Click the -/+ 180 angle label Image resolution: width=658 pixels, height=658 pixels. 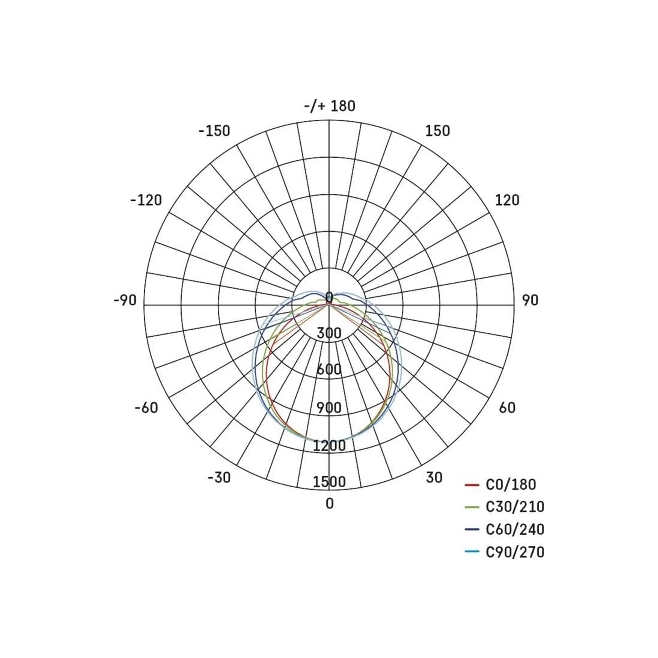[x=330, y=106]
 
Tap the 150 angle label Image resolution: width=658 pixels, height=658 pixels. [x=438, y=131]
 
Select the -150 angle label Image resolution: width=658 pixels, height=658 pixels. [x=215, y=131]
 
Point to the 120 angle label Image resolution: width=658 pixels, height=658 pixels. [x=507, y=200]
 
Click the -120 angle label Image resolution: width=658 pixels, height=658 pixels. [x=146, y=200]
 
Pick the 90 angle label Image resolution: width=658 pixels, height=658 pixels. [x=530, y=300]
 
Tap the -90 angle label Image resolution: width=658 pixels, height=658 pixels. [x=125, y=300]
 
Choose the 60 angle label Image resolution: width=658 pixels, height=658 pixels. [x=507, y=408]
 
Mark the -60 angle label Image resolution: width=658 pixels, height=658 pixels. [x=146, y=408]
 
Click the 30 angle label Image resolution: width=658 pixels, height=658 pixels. [x=434, y=478]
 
